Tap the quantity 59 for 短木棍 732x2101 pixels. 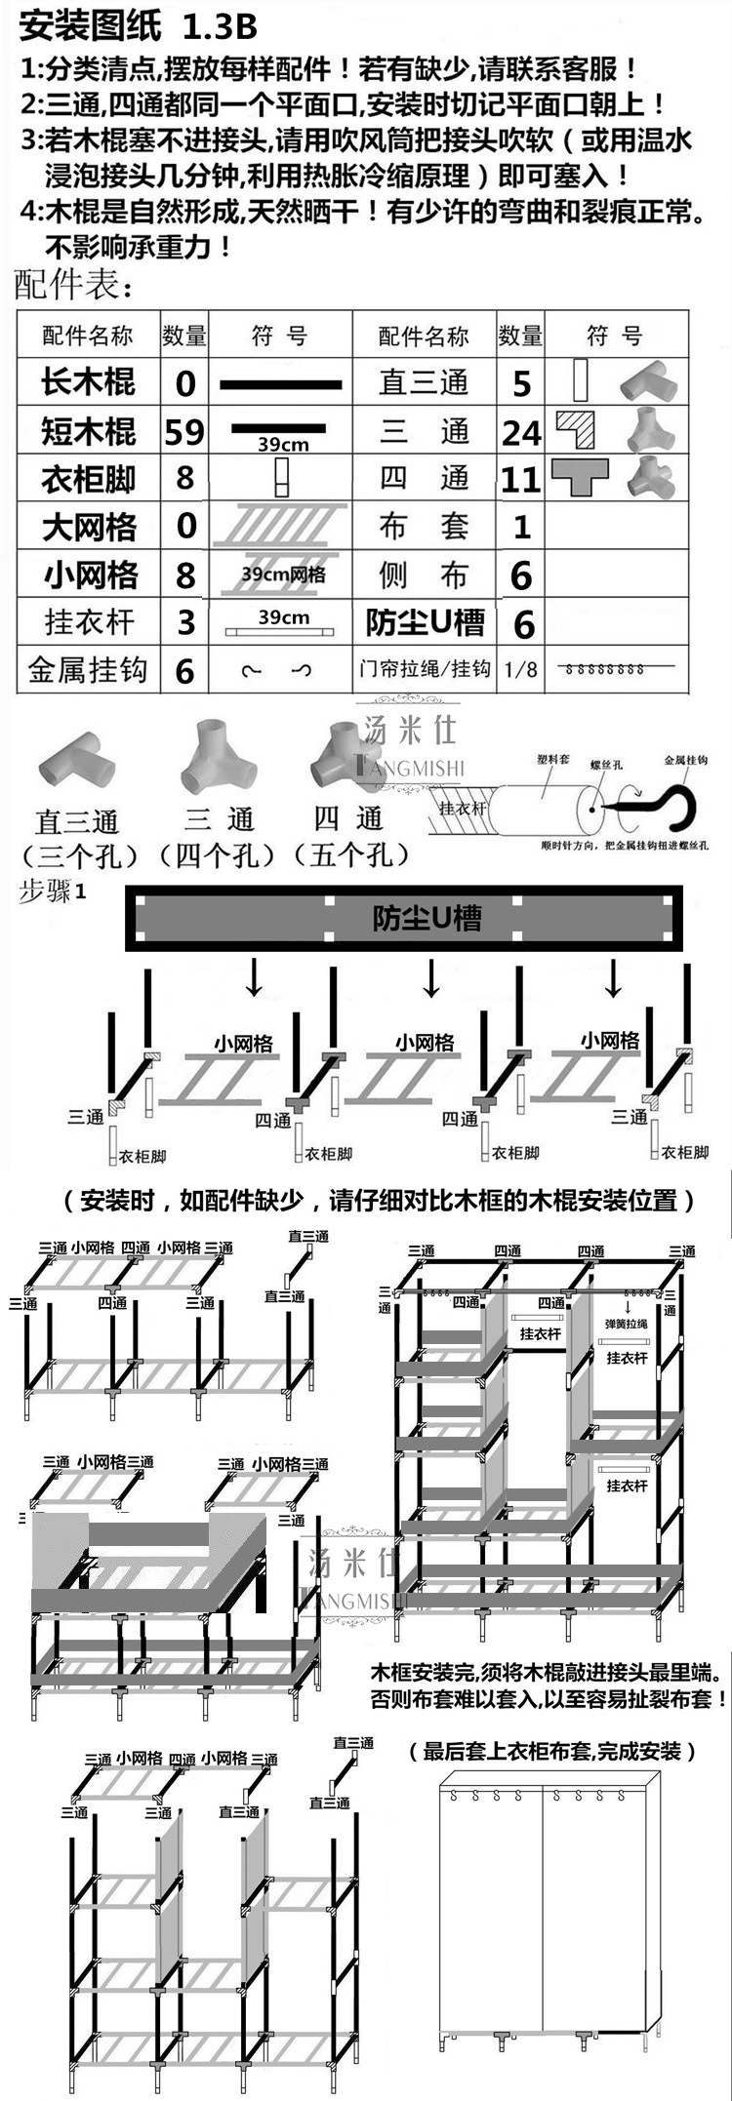(184, 430)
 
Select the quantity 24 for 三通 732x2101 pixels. (521, 431)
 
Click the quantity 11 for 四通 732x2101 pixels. (521, 479)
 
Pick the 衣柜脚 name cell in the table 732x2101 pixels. (88, 479)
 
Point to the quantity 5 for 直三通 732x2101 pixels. (521, 383)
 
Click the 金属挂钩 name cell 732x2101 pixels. (88, 670)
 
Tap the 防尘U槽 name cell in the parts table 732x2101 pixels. (425, 622)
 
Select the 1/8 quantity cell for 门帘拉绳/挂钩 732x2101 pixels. (520, 670)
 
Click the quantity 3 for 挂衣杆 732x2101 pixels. (184, 622)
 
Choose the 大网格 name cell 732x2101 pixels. (88, 527)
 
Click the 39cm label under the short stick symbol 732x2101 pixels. (283, 445)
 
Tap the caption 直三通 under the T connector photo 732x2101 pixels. (77, 821)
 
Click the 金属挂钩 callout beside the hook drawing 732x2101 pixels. (685, 760)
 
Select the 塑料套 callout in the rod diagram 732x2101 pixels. (553, 758)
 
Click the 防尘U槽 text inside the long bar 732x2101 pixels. (427, 918)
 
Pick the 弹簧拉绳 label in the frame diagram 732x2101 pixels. (628, 1324)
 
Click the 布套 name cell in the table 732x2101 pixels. (425, 527)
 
